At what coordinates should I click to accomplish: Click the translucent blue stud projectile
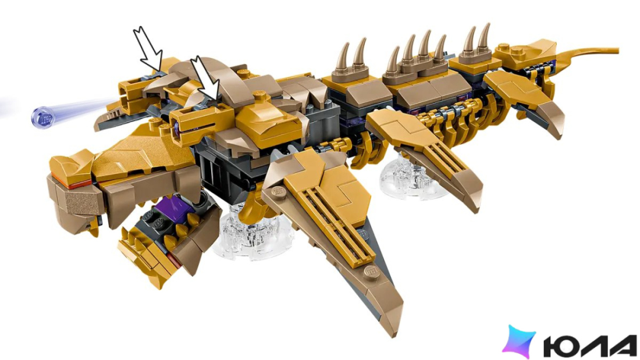(x=43, y=117)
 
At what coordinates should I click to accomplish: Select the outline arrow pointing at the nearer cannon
(x=205, y=79)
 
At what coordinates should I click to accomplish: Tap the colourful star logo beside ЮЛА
(x=519, y=341)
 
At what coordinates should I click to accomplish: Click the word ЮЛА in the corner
(x=590, y=345)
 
